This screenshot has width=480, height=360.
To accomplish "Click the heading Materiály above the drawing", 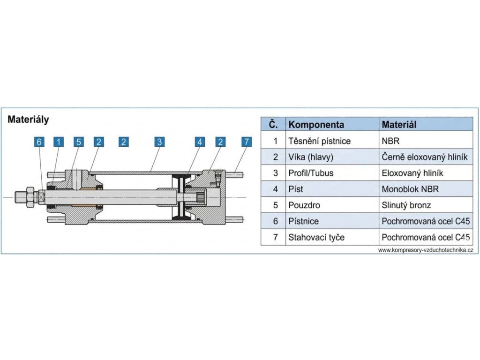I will coord(28,120).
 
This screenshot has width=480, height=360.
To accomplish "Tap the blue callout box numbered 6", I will coord(39,142).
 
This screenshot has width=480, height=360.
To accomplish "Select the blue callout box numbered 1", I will coord(58,142).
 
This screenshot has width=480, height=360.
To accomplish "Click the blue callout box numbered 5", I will coord(78,142).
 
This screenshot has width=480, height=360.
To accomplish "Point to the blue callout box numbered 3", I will coord(159,142).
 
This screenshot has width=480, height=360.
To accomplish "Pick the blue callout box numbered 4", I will coord(200,142).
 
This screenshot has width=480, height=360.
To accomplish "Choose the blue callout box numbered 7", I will coord(246,142).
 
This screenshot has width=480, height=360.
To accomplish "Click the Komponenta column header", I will coord(316,125).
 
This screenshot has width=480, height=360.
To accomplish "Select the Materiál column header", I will coord(399,125).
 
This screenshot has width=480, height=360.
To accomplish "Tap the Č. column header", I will coord(274,125).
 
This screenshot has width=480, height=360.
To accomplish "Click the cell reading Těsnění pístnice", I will coord(319,141).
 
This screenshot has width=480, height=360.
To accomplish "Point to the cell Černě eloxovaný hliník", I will coord(425,157).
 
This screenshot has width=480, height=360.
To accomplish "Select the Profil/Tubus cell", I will coord(311,173).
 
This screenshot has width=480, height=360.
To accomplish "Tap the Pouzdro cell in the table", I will coord(304,205).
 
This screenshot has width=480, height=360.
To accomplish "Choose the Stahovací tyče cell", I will coord(316,237).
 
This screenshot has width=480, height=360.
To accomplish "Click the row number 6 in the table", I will coord(276,221).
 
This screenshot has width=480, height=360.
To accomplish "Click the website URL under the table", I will coord(425,250).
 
